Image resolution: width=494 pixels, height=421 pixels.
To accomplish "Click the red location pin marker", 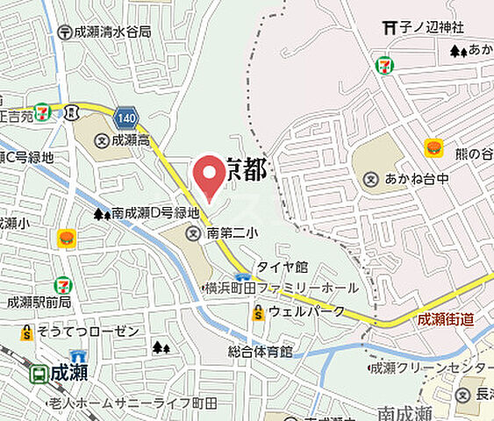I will pos(208,175).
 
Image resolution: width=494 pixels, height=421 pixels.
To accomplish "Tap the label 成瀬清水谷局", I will pos(111,32).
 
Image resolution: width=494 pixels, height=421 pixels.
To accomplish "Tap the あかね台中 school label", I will pos(419,180).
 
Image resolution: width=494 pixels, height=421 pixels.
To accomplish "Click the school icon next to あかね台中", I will pos(370,180).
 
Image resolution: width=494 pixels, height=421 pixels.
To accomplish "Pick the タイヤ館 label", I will pos(282,267).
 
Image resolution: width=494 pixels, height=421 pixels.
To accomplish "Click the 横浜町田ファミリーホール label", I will pos(281,288).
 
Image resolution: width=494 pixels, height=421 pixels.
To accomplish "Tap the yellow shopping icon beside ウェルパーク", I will pos(258,311).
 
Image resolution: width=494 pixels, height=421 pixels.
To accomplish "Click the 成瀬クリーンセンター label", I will pos(431,367).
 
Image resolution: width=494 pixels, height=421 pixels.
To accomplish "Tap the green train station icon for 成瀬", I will pos(39,375).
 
